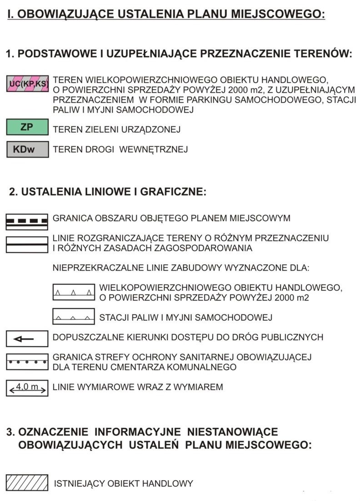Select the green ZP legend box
(27, 127)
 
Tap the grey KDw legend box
(27, 149)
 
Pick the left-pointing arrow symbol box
(27, 338)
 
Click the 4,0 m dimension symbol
(27, 388)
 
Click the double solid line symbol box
(27, 244)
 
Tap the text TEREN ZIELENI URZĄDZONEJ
(117, 129)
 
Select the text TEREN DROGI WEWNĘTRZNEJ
(120, 149)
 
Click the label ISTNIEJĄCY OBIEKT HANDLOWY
(124, 483)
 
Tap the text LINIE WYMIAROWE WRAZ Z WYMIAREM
(138, 387)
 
